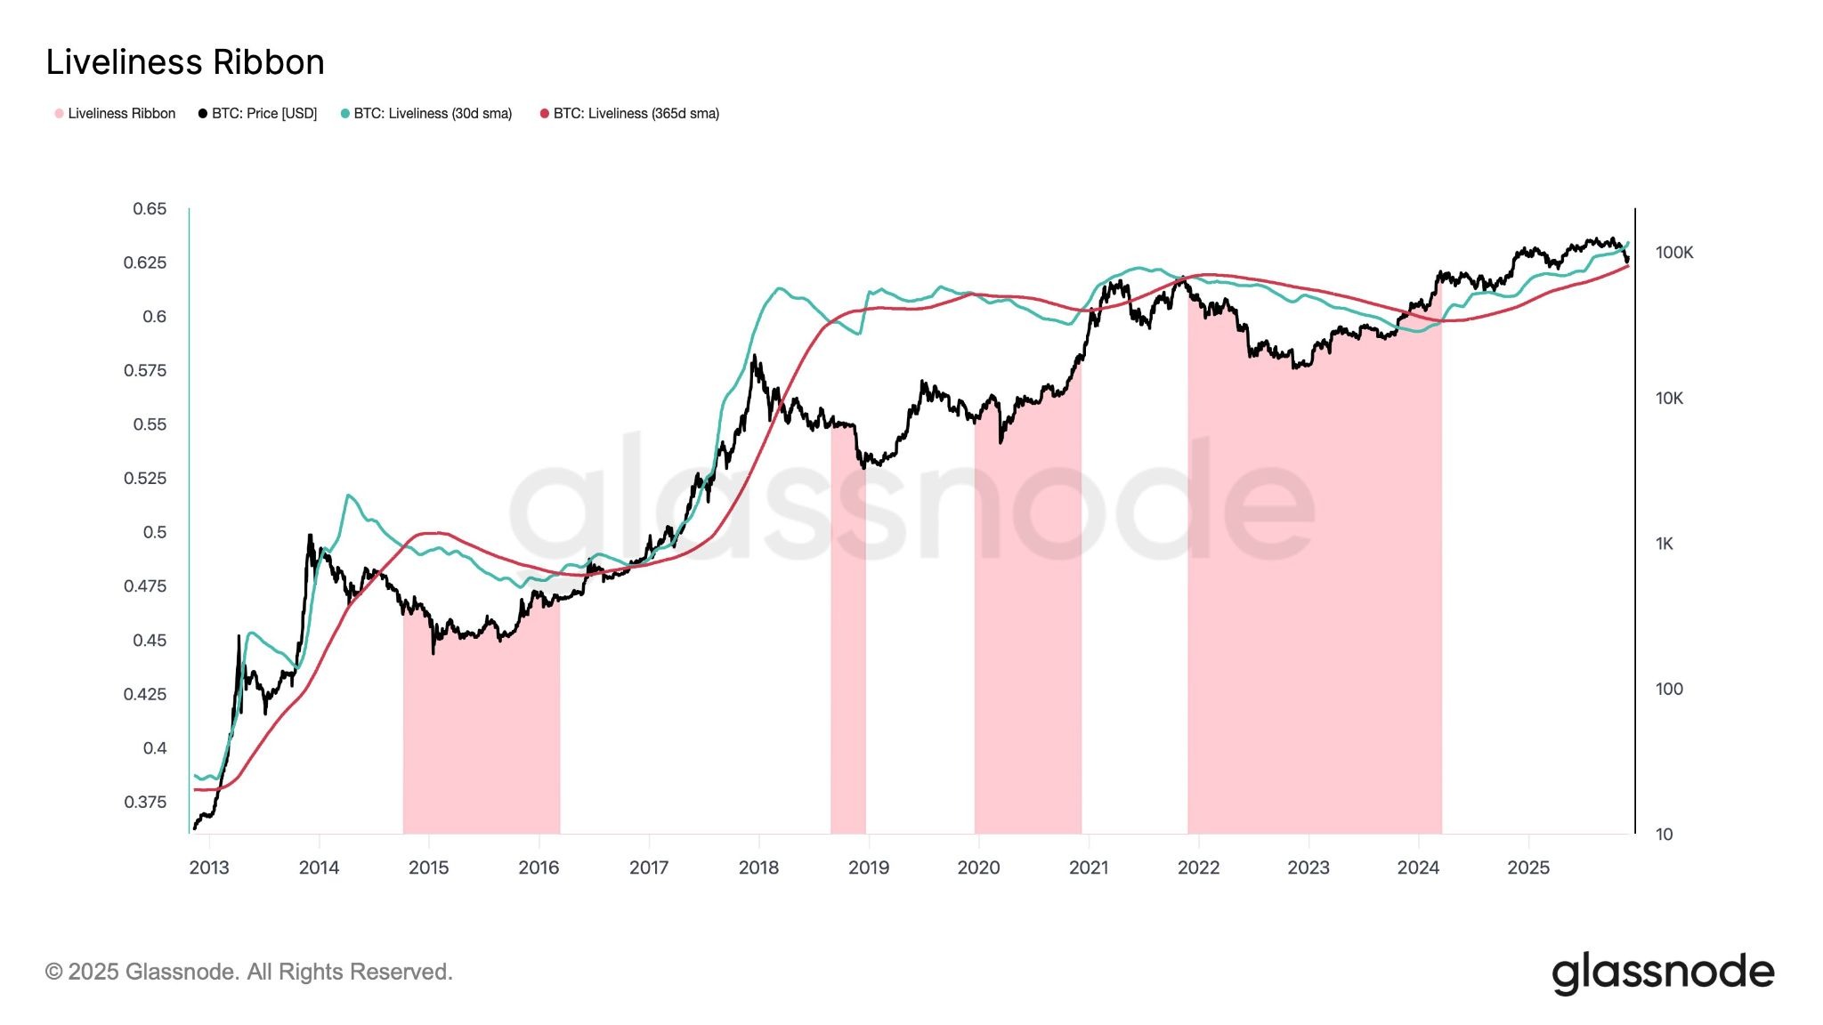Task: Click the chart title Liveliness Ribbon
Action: [x=185, y=62]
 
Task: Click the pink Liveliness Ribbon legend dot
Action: [x=60, y=114]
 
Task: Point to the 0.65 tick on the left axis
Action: [x=150, y=209]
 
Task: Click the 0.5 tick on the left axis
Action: [x=154, y=532]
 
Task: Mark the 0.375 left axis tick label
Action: [x=145, y=802]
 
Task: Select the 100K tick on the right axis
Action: [x=1674, y=253]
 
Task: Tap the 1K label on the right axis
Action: [x=1665, y=544]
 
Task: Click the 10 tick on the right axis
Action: [x=1664, y=835]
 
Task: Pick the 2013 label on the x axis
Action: [x=209, y=868]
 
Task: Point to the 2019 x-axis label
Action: [x=869, y=868]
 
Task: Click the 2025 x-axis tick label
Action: [x=1528, y=868]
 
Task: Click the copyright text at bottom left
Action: [x=249, y=972]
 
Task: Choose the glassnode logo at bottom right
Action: [x=1663, y=973]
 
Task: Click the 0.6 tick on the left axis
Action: [x=154, y=317]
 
